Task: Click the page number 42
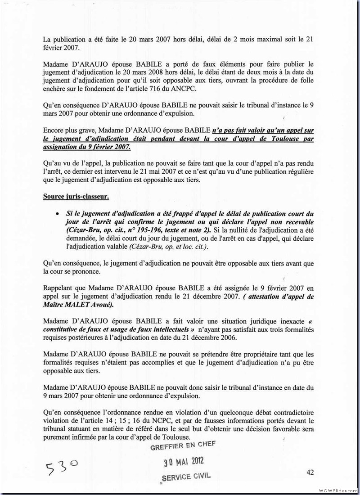pos(309,472)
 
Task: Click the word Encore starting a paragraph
pos(54,130)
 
